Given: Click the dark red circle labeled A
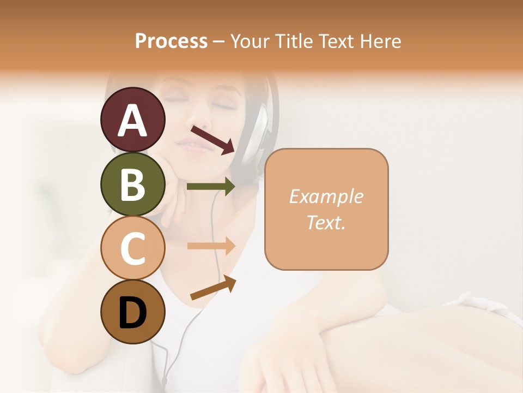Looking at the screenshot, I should pyautogui.click(x=132, y=120).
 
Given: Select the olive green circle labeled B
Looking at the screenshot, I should pyautogui.click(x=132, y=184).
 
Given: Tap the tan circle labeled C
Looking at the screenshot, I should pyautogui.click(x=132, y=248).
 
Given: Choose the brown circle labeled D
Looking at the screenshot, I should pyautogui.click(x=132, y=312).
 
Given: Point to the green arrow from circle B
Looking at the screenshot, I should pyautogui.click(x=210, y=187).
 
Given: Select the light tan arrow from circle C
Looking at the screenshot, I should pyautogui.click(x=210, y=246).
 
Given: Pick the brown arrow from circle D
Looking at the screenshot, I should pyautogui.click(x=212, y=288).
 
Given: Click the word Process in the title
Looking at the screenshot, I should pyautogui.click(x=171, y=41).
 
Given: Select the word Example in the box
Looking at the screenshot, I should pyautogui.click(x=326, y=196).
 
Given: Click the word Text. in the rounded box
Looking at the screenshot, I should pyautogui.click(x=326, y=222).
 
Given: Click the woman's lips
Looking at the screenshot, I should pyautogui.click(x=191, y=145).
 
